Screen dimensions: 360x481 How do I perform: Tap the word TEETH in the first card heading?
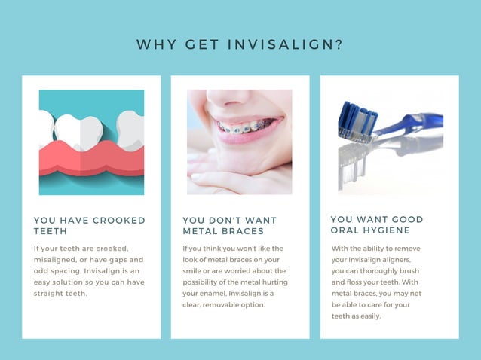pos(51,231)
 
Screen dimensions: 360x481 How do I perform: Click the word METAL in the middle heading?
pos(200,231)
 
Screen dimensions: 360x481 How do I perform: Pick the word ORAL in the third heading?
pos(345,230)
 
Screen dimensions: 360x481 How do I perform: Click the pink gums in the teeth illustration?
pos(91,159)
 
